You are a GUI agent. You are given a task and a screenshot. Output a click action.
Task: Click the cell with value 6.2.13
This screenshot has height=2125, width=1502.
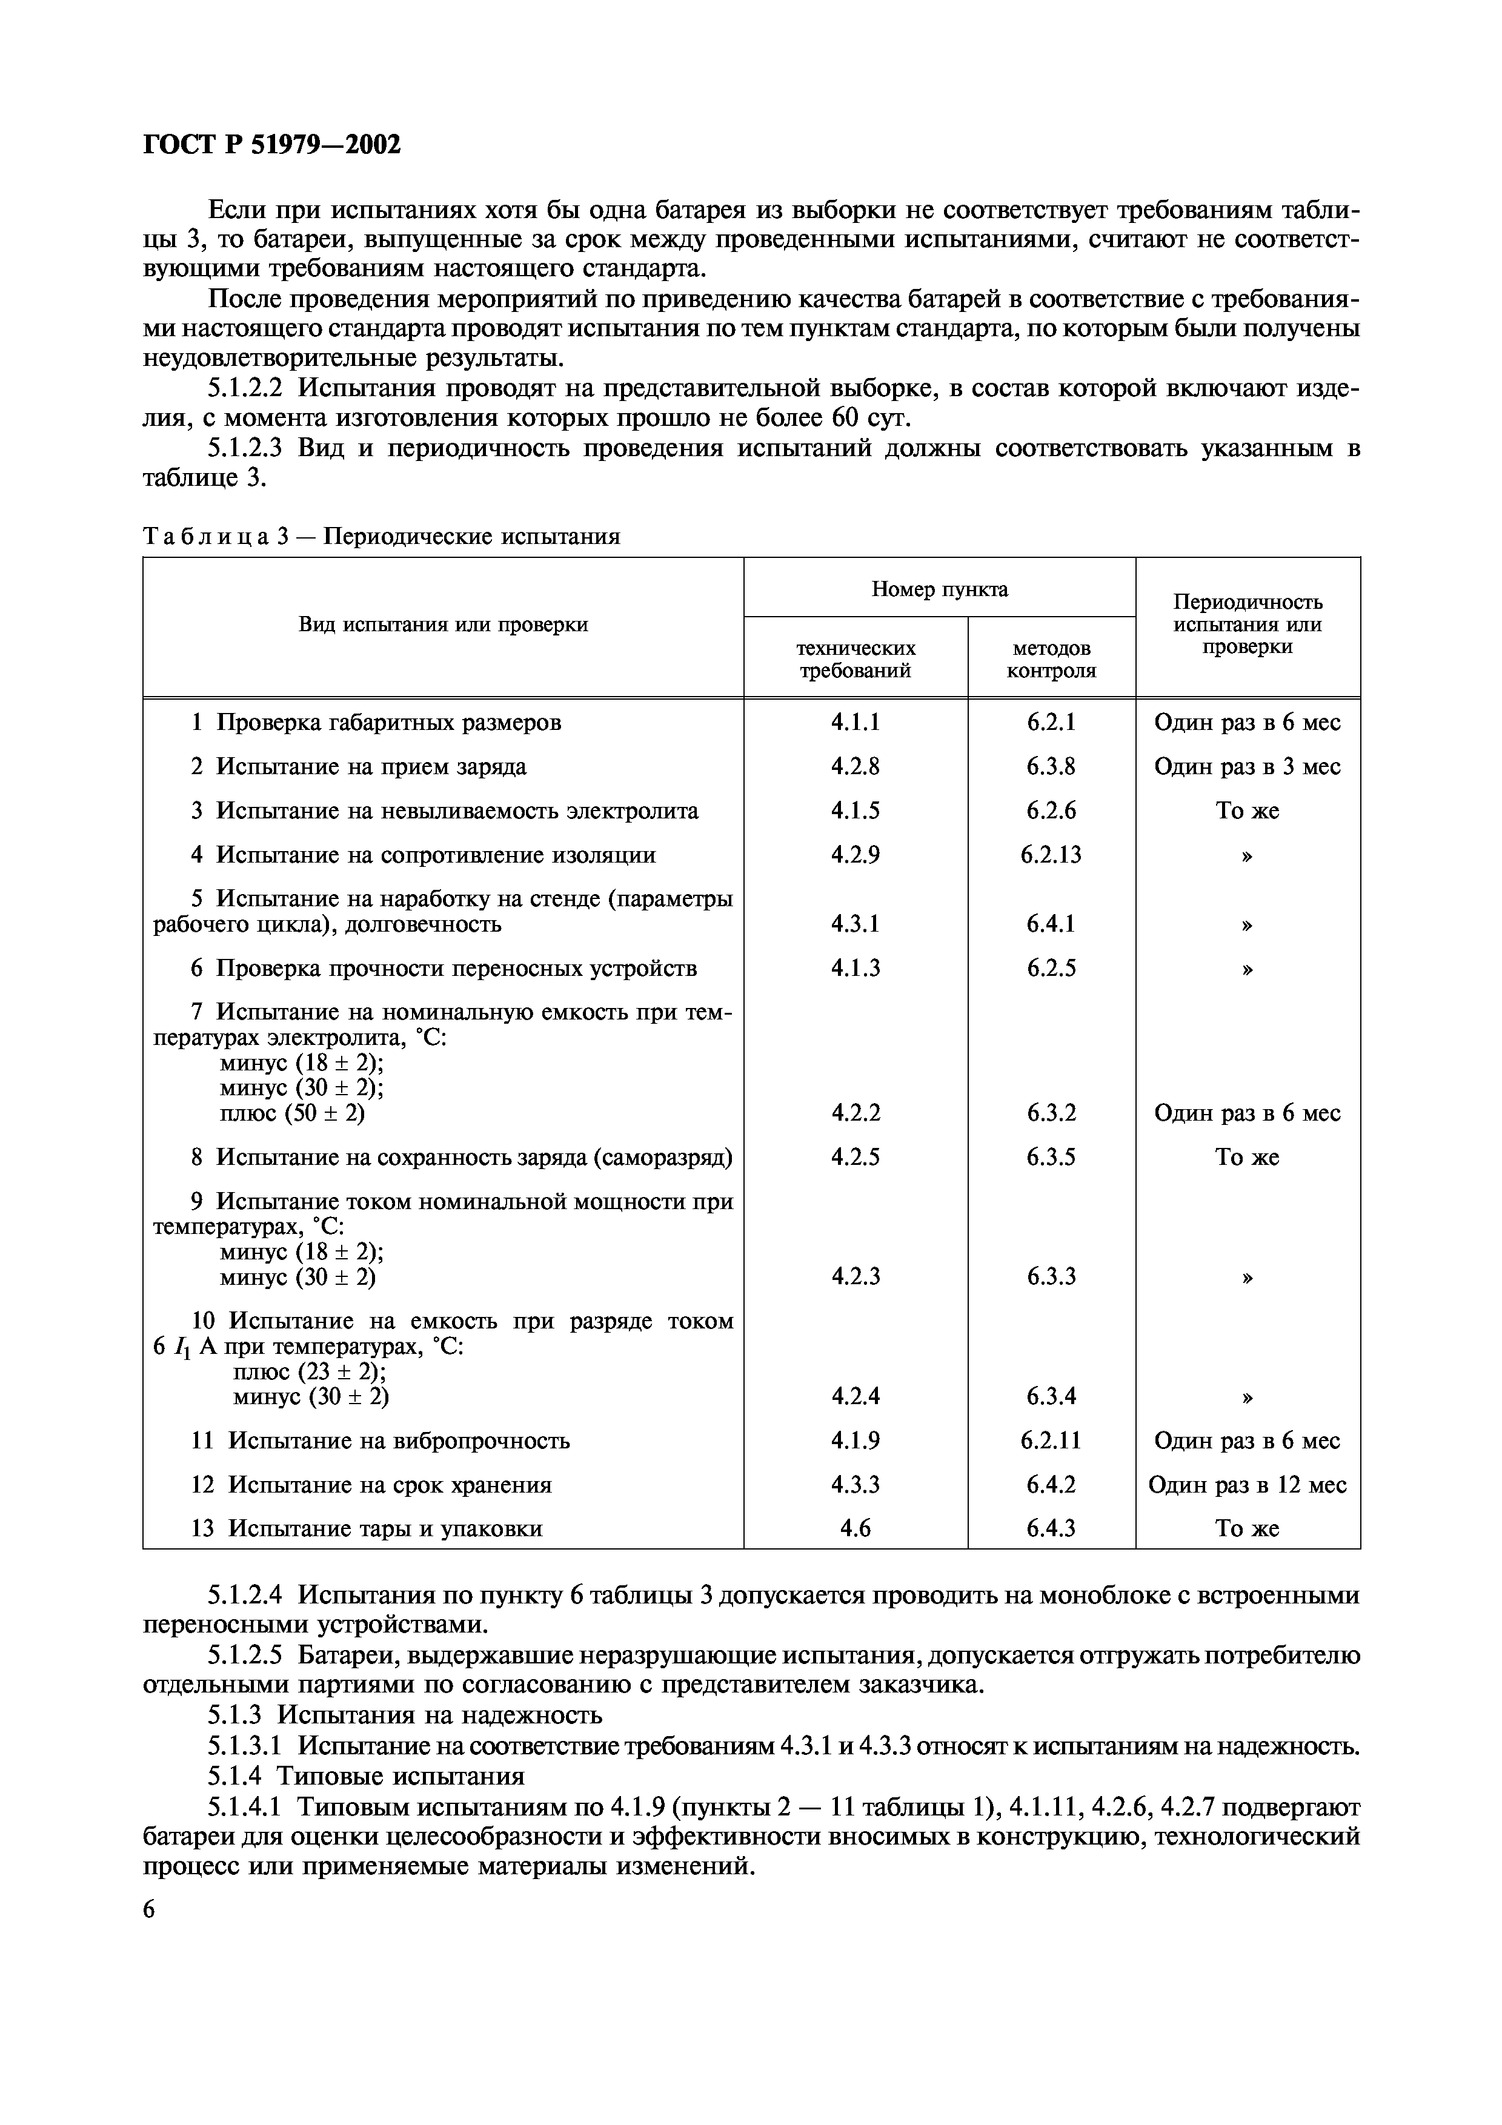click(1051, 854)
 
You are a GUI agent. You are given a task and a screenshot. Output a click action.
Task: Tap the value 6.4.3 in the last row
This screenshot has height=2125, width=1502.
click(1051, 1528)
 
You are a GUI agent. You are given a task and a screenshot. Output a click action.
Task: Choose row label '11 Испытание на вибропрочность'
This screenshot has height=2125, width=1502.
click(380, 1440)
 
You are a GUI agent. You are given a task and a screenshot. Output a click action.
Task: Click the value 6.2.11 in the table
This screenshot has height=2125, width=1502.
click(1051, 1440)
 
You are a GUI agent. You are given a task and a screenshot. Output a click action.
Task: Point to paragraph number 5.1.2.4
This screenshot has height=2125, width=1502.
click(245, 1595)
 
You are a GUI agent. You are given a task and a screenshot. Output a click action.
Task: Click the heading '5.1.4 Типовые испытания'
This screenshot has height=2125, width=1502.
click(365, 1776)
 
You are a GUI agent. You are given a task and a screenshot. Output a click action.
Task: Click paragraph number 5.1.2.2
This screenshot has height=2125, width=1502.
click(245, 388)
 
